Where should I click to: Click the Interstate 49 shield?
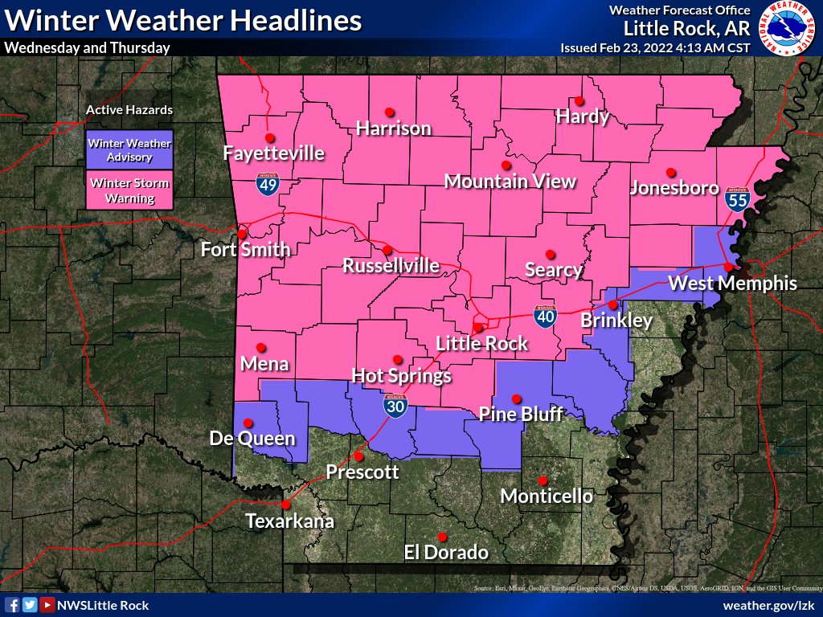[268, 185]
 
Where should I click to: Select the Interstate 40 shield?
[545, 317]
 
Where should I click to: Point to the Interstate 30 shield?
[394, 406]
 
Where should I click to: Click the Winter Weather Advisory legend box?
[129, 150]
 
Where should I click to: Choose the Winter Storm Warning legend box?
[129, 190]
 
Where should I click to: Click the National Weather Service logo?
[787, 29]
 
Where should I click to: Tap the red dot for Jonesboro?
[670, 171]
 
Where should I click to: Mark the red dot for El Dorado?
[442, 537]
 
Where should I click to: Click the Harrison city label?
[393, 128]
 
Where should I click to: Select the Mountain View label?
[510, 181]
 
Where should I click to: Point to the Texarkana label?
[289, 521]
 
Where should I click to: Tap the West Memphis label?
[732, 283]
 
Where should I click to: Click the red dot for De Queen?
[248, 423]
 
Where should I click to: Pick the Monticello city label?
[547, 496]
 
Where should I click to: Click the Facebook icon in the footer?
[12, 605]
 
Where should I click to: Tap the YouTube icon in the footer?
[47, 605]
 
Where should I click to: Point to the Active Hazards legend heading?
[129, 110]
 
